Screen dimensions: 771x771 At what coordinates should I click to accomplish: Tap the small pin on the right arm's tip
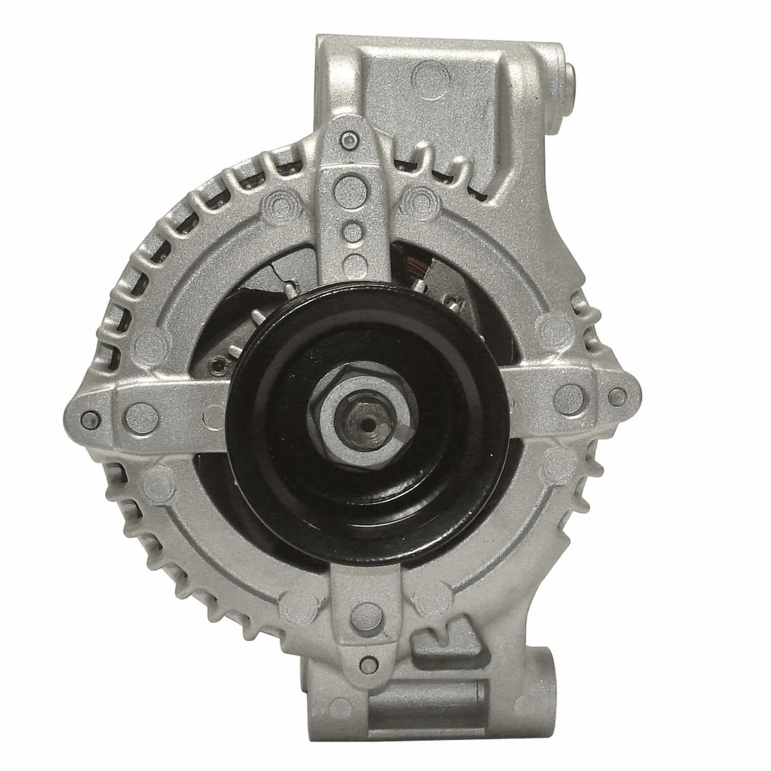[x=615, y=395]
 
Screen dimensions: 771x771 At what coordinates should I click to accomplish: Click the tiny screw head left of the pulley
[x=215, y=365]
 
